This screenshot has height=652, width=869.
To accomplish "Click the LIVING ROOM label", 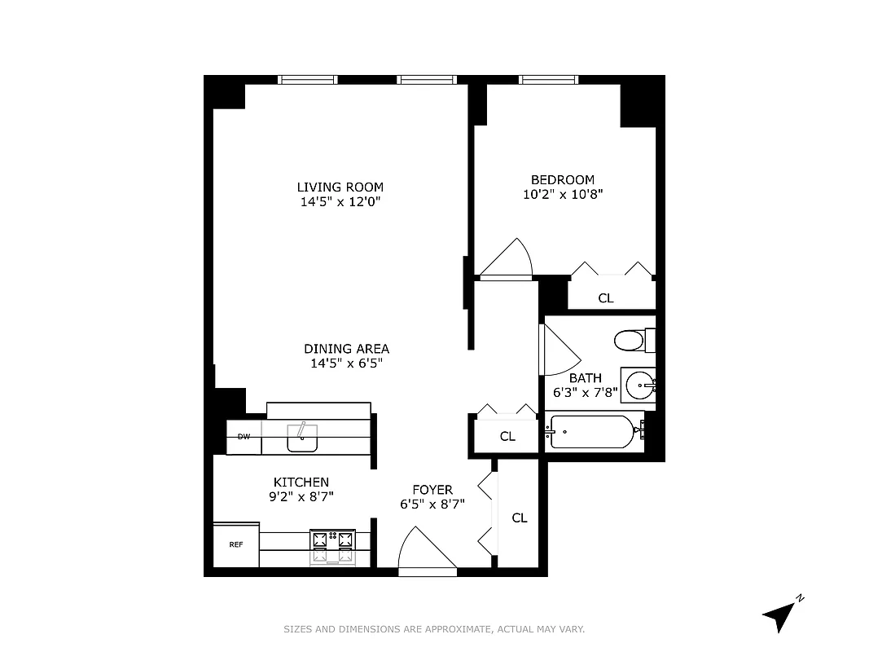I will [x=340, y=187].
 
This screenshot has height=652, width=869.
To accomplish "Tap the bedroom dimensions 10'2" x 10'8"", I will [x=562, y=194].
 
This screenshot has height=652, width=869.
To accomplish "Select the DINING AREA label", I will [x=346, y=349].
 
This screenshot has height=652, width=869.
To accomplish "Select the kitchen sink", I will [x=302, y=439].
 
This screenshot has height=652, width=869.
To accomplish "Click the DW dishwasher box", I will [x=244, y=437].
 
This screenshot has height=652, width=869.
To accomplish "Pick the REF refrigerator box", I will [x=236, y=544].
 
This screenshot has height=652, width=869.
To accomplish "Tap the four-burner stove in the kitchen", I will [x=333, y=547].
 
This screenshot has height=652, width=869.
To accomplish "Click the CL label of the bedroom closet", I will [x=605, y=298].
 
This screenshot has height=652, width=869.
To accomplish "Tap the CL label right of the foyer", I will [x=520, y=518].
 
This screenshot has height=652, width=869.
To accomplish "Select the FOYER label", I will [x=432, y=490].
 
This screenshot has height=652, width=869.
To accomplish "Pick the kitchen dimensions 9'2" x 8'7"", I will [x=301, y=496].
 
